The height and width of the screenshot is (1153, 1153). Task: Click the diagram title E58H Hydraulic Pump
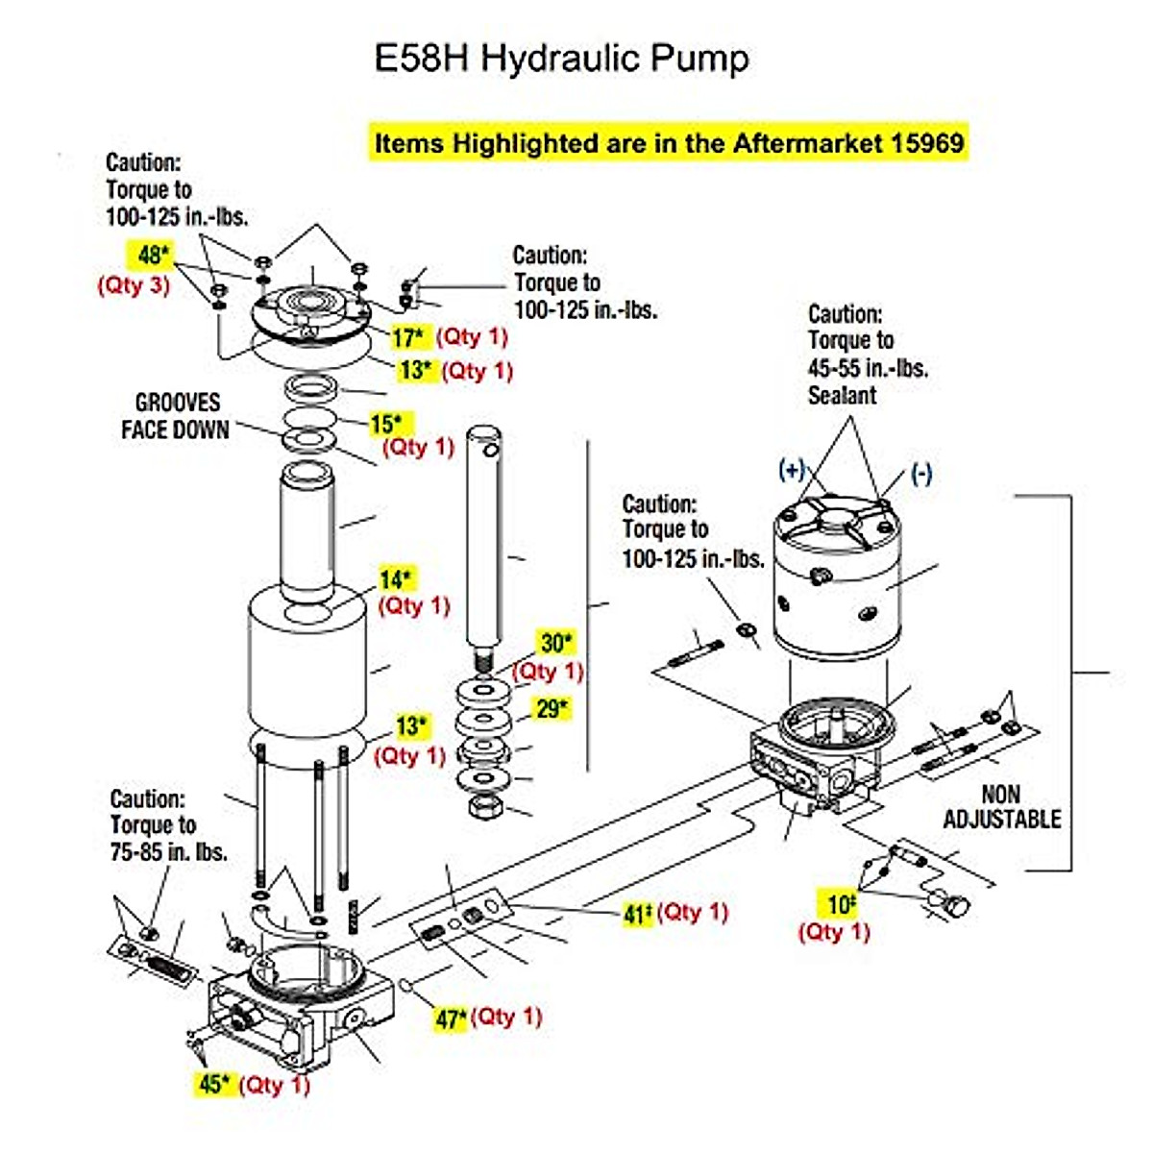[x=561, y=59]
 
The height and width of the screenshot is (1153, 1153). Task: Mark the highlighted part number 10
[x=842, y=904]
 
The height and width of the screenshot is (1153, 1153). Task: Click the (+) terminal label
[x=791, y=470]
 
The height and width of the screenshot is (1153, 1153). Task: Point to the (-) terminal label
[x=920, y=474]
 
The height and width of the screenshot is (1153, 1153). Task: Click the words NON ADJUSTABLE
[x=1001, y=807]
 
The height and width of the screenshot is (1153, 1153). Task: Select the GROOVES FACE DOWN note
[x=176, y=416]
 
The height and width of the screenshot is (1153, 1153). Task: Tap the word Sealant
[x=842, y=395]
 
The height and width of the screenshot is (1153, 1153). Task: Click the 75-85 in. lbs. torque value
[x=168, y=851]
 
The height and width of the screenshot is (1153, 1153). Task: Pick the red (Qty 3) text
[x=134, y=285]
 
